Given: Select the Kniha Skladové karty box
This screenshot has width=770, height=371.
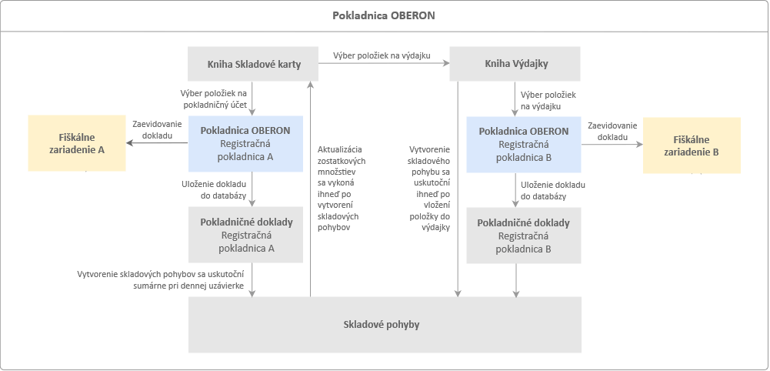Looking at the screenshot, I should pos(253,64).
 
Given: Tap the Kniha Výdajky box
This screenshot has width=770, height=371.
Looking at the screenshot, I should pos(515,64).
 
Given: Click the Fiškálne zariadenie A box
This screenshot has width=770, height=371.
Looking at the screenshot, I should pos(77,144).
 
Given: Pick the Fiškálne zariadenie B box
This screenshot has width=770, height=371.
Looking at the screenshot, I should pos(692,145).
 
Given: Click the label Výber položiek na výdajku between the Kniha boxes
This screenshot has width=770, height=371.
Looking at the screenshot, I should pos(381,56).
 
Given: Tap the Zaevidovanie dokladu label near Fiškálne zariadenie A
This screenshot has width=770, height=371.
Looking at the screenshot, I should pos(157,129).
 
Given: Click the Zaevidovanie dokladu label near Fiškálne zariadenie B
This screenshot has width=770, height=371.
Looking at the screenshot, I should pos(612,130).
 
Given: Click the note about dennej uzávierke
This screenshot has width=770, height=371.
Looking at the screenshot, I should pos(161,279).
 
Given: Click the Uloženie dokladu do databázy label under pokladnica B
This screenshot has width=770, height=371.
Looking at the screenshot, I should pos(553,191).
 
